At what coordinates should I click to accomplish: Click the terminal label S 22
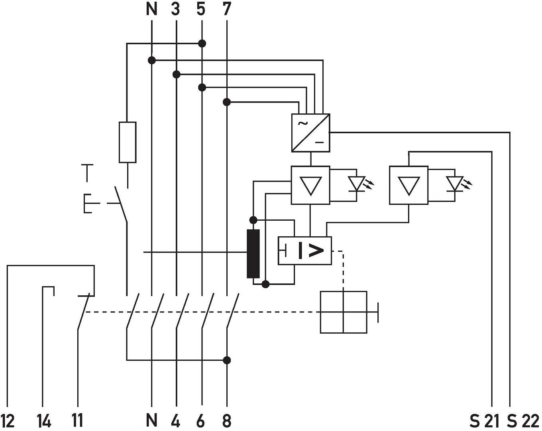523,421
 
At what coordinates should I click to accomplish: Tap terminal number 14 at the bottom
44,421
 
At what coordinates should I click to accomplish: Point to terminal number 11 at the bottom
77,421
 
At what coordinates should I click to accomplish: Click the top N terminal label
151,9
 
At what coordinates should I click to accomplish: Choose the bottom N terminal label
151,421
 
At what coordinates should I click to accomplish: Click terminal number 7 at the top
227,9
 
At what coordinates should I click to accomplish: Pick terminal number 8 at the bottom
227,421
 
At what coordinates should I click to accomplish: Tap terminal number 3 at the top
176,9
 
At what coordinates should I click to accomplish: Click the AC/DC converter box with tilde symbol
310,133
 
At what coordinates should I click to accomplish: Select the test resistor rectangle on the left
128,142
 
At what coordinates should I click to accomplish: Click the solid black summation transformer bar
253,253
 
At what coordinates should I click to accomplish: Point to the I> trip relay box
305,251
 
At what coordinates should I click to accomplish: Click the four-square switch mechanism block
344,312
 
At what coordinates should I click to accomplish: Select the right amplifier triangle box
408,185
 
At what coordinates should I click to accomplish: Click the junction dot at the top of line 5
202,43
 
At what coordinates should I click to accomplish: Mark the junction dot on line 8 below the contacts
227,360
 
